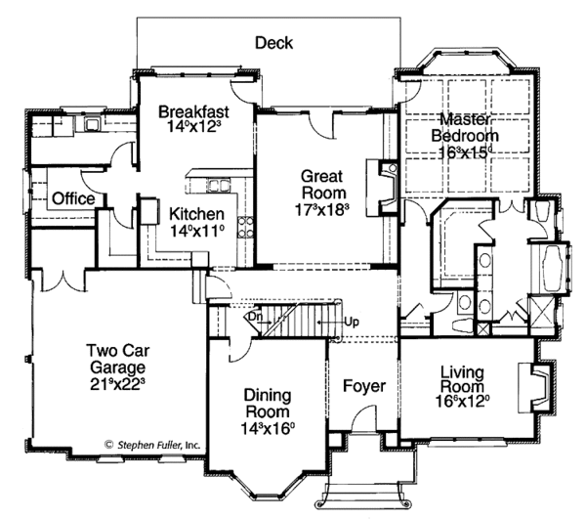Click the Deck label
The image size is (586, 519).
pyautogui.click(x=273, y=42)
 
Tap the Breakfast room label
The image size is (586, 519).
pyautogui.click(x=191, y=110)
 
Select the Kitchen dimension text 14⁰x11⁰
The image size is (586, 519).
pyautogui.click(x=196, y=232)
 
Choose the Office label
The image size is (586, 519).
pyautogui.click(x=73, y=198)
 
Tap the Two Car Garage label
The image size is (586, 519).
pyautogui.click(x=116, y=360)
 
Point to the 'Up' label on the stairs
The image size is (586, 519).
pyautogui.click(x=352, y=321)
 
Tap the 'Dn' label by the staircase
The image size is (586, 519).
pyautogui.click(x=252, y=317)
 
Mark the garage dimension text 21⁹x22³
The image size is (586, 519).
pyautogui.click(x=116, y=383)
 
